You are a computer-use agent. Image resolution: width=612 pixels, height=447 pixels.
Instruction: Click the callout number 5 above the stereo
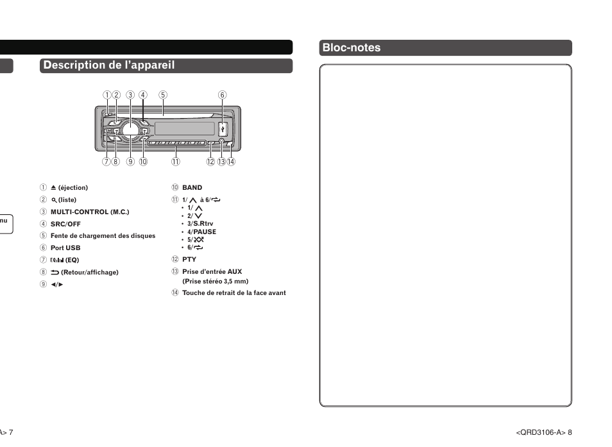click(x=163, y=95)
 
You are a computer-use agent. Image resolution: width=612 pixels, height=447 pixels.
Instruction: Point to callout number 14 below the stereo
click(x=231, y=162)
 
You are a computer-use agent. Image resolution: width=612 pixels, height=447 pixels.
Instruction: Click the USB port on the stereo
click(x=222, y=128)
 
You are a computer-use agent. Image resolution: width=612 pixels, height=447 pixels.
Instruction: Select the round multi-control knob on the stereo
click(x=130, y=129)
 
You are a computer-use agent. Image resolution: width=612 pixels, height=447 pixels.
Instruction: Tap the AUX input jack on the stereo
click(x=222, y=142)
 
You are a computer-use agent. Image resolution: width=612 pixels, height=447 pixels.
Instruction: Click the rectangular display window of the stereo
click(x=184, y=128)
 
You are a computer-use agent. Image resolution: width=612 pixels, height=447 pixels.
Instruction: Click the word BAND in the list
click(x=192, y=188)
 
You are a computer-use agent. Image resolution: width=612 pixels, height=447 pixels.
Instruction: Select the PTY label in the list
click(x=189, y=260)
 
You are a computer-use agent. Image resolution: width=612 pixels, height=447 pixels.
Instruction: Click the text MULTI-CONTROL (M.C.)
click(x=90, y=212)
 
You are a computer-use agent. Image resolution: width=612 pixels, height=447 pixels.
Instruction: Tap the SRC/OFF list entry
click(x=65, y=224)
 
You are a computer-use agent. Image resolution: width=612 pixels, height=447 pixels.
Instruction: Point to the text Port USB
click(x=65, y=248)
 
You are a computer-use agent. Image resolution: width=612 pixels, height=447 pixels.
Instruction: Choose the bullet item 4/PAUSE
click(x=201, y=232)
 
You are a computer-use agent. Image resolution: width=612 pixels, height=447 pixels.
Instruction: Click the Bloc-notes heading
click(x=352, y=48)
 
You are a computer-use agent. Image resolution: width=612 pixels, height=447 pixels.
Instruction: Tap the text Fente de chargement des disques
click(x=103, y=236)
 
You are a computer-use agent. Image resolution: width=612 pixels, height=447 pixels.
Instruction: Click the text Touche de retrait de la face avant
click(x=234, y=293)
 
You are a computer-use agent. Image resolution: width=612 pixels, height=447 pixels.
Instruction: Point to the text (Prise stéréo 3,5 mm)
click(x=215, y=282)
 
